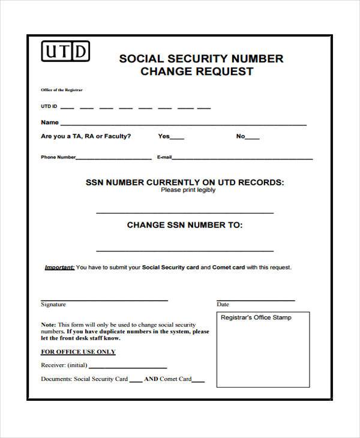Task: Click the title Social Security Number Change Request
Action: tap(200, 65)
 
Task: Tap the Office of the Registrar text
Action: tap(62, 90)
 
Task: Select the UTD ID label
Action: tap(49, 107)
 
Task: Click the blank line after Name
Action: tap(183, 124)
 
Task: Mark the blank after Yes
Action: tap(178, 138)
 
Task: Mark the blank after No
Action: tap(253, 138)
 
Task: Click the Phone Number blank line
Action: tap(114, 158)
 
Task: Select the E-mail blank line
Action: tap(242, 158)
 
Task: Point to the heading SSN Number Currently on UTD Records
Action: tap(185, 182)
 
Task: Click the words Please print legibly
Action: tap(188, 190)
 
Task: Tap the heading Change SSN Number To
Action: tap(185, 225)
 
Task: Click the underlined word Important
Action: tap(59, 268)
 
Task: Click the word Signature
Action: tap(53, 305)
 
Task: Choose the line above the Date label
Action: tap(255, 299)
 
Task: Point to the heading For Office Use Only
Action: tap(78, 352)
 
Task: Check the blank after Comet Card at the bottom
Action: tap(198, 381)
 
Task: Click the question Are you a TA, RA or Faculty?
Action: tap(86, 136)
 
